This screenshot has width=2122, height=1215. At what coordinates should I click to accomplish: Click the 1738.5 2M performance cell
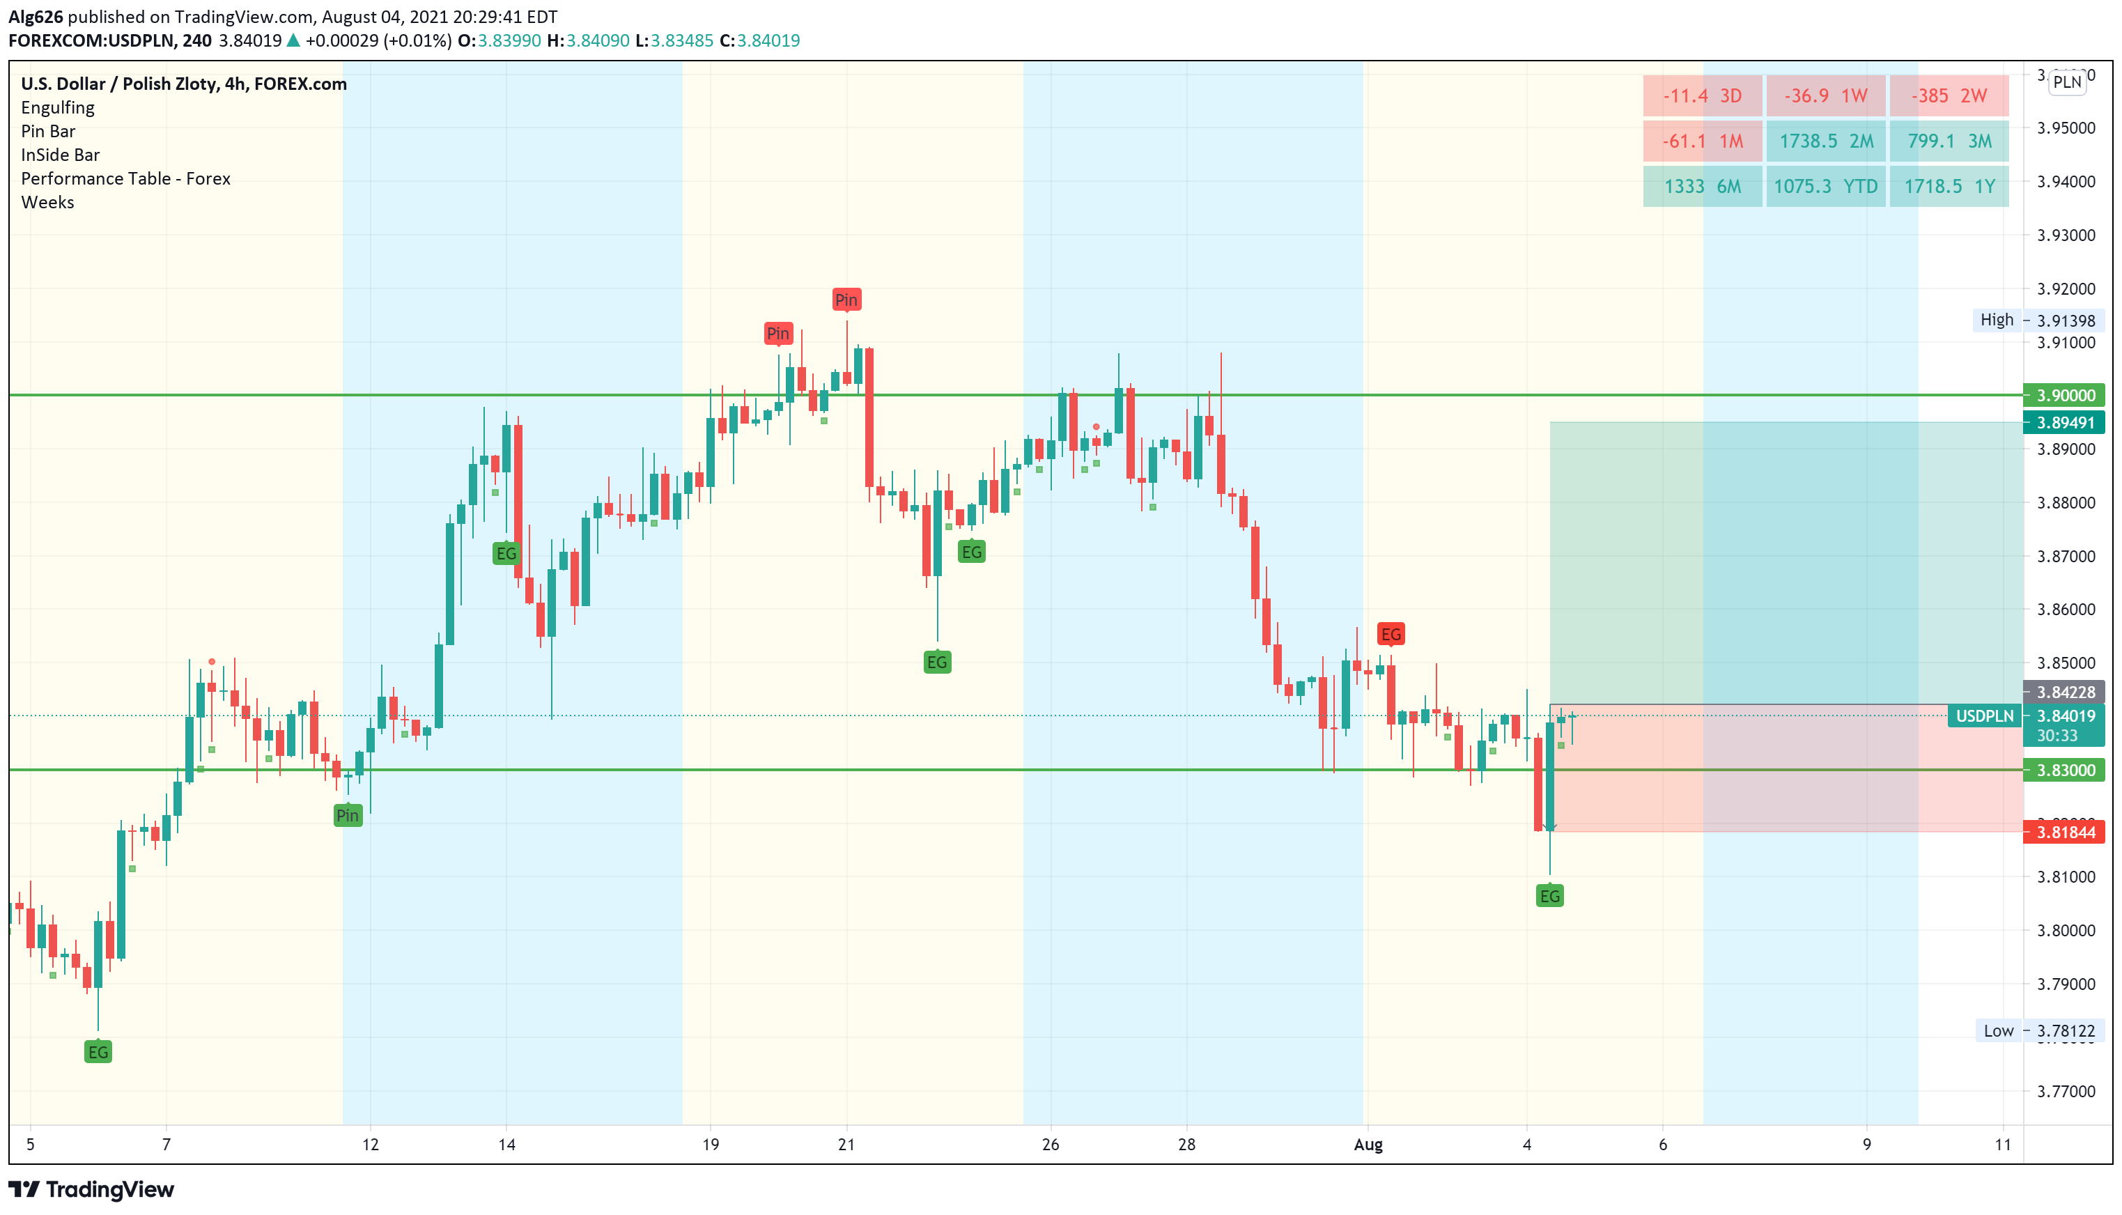pyautogui.click(x=1825, y=141)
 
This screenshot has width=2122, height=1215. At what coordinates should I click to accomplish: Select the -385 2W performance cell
pyautogui.click(x=1948, y=96)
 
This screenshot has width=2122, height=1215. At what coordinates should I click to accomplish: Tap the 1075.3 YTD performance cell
pyautogui.click(x=1825, y=186)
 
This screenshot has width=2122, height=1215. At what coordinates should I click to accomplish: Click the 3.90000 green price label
pyautogui.click(x=2063, y=396)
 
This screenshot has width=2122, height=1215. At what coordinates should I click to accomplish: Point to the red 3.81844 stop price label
pyautogui.click(x=2063, y=832)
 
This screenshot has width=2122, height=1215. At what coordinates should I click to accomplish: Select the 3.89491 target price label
pyautogui.click(x=2063, y=422)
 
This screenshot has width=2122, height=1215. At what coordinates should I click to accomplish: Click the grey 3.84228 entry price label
pyautogui.click(x=2063, y=692)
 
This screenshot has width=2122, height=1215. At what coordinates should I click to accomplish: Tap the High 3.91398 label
pyautogui.click(x=2036, y=320)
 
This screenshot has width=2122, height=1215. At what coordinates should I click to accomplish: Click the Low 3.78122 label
pyautogui.click(x=2036, y=1030)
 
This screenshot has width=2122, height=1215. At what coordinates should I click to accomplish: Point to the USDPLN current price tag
pyautogui.click(x=1983, y=716)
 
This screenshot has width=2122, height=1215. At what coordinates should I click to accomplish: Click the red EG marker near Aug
pyautogui.click(x=1391, y=634)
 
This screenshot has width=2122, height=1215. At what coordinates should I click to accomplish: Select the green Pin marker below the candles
pyautogui.click(x=348, y=815)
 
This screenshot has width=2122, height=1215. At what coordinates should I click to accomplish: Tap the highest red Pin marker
pyautogui.click(x=846, y=300)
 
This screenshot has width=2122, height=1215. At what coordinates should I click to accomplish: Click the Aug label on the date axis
pyautogui.click(x=1368, y=1145)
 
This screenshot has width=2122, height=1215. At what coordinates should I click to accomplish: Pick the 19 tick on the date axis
pyautogui.click(x=710, y=1145)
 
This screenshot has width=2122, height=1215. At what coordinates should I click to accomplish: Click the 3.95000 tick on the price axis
pyautogui.click(x=2066, y=127)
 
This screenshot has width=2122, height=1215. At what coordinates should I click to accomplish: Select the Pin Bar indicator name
pyautogui.click(x=48, y=131)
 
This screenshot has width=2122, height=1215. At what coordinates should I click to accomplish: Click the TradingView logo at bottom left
pyautogui.click(x=92, y=1189)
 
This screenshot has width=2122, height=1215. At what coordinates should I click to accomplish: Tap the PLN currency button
pyautogui.click(x=2067, y=82)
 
